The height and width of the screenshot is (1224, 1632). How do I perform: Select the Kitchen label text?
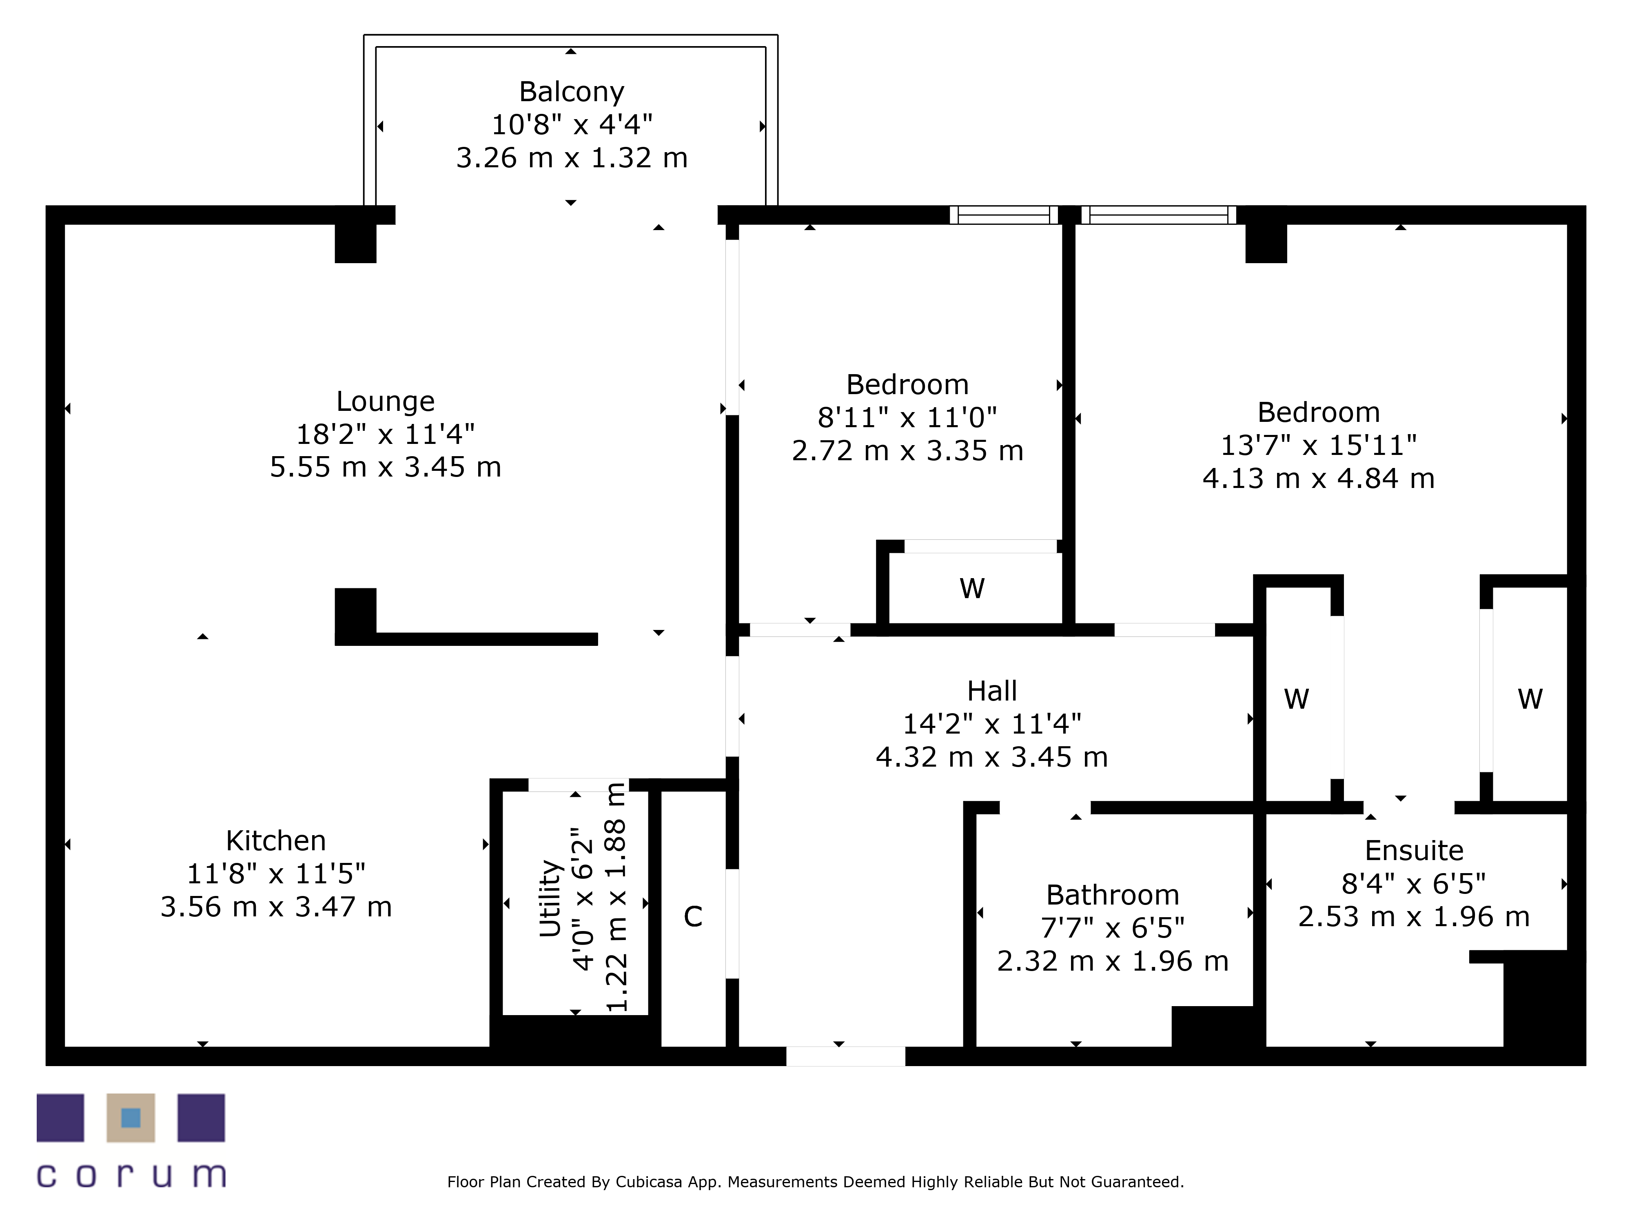[276, 840]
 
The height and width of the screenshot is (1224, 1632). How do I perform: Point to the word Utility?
[550, 899]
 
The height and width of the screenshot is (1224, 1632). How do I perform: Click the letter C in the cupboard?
[693, 916]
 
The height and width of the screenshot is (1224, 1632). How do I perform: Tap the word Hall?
[992, 691]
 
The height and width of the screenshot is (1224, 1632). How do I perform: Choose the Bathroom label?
[1113, 895]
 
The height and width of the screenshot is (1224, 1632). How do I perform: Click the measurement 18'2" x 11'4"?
[385, 434]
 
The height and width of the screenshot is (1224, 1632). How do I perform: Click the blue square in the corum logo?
[131, 1118]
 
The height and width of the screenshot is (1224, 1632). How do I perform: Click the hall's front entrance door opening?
[845, 1056]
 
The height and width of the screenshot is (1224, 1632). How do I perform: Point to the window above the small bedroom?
[1003, 215]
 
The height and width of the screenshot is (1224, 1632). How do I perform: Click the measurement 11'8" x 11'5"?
[276, 874]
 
